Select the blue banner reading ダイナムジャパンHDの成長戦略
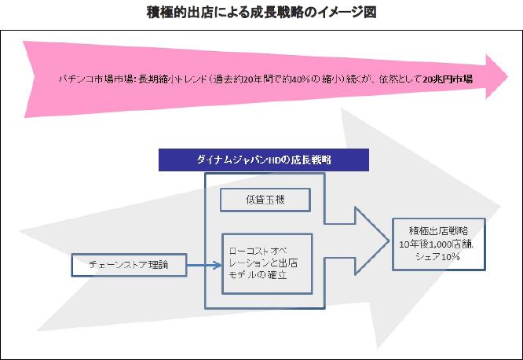pyautogui.click(x=263, y=159)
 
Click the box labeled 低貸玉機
pyautogui.click(x=265, y=200)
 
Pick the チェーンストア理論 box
pyautogui.click(x=130, y=265)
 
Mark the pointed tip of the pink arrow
pyautogui.click(x=506, y=77)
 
